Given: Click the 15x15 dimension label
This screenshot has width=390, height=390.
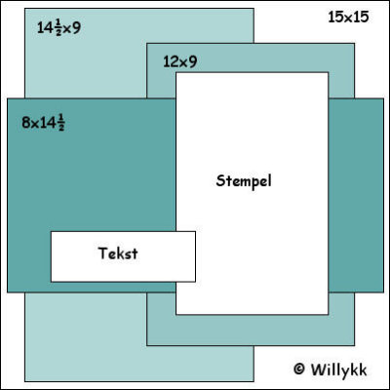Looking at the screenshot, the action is coord(348,17).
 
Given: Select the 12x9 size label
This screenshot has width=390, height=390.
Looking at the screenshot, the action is coord(180,61).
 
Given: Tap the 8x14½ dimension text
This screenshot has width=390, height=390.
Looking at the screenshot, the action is coord(43,123).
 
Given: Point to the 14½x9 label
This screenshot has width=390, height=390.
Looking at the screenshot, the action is coord(58,27).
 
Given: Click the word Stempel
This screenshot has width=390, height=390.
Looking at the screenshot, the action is coord(244,180).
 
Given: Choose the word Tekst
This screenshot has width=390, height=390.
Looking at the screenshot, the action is coord(118,253).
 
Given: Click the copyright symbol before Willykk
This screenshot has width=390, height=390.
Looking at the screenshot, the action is coord(299,369).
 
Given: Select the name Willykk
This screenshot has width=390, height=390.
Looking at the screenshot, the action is coord(339,370).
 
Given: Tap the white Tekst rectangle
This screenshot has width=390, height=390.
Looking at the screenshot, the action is coord(123,256).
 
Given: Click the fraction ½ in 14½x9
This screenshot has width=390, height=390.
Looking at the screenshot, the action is coord(58,28).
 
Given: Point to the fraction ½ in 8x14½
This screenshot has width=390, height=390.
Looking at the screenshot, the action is coord(61,124).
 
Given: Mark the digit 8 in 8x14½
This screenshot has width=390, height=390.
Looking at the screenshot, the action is coord(25,123).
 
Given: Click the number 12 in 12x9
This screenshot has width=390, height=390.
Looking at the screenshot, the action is coord(171,61).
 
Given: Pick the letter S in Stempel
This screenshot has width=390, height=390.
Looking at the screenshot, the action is coord(220,180).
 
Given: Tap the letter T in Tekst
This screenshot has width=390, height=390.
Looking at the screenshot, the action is coord(103,253).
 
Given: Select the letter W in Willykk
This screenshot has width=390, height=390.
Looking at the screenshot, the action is coord(318,370).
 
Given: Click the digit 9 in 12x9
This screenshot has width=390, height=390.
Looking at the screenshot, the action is coord(193,61).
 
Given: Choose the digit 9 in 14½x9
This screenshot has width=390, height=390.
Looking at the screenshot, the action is coord(76,28).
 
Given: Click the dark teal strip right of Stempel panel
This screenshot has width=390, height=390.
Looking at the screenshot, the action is coord(356,195).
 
